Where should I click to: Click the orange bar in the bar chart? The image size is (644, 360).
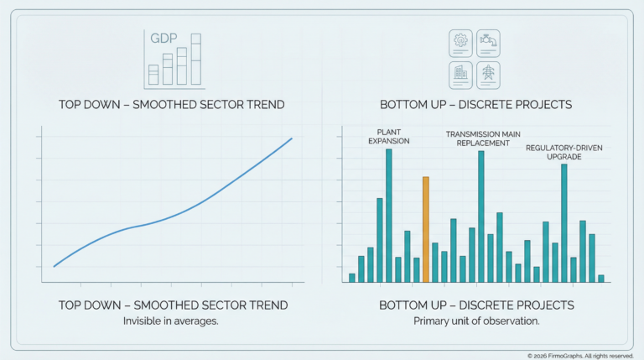point(426,229)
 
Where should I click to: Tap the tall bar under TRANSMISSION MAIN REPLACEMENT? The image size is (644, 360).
point(481,217)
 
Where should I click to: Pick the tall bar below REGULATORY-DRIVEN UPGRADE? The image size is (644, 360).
point(564,222)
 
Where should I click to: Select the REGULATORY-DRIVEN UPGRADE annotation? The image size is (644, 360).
point(563,153)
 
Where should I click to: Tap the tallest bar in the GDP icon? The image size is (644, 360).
point(195,60)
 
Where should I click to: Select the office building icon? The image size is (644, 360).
point(460,73)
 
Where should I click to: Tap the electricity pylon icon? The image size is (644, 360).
point(488,73)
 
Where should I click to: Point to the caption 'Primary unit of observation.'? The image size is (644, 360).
point(476,321)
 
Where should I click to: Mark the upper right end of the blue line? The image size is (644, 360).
point(292,138)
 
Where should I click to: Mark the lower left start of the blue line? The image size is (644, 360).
point(55,266)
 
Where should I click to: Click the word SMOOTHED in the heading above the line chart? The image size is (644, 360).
point(165,105)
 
